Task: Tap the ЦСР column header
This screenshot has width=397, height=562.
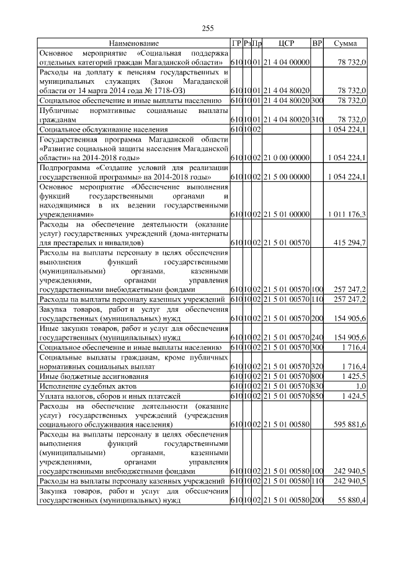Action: click(x=286, y=43)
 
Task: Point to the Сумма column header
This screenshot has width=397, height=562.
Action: click(x=345, y=43)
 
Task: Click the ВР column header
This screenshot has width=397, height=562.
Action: click(x=317, y=43)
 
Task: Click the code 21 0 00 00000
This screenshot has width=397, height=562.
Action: click(x=286, y=158)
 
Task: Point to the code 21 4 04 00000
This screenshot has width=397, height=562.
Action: click(x=286, y=63)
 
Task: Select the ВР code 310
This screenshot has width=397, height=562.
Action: click(x=317, y=119)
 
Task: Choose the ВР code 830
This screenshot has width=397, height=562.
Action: click(x=317, y=386)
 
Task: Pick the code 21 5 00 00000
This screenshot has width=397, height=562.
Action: click(x=286, y=177)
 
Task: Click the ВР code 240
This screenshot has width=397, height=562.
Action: click(x=317, y=337)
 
